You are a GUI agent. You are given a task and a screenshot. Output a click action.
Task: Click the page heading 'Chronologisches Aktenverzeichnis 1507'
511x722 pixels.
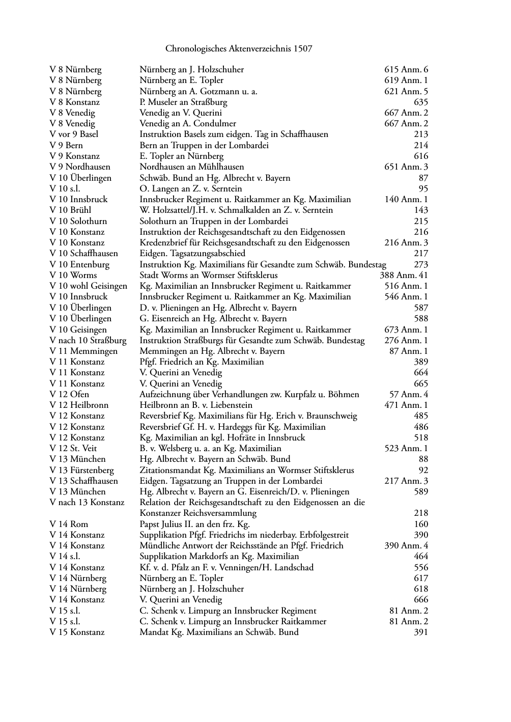tap(239, 49)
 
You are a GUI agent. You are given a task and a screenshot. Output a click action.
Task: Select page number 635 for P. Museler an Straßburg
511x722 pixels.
tap(420, 102)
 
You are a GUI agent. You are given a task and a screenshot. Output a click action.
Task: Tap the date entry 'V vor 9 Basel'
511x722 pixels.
tap(74, 134)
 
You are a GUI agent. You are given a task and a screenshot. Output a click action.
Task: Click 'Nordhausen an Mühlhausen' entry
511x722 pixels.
tap(191, 167)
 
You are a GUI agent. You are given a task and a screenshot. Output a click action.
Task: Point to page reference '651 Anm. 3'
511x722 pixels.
tap(406, 167)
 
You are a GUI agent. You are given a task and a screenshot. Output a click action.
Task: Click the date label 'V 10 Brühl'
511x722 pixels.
tap(70, 210)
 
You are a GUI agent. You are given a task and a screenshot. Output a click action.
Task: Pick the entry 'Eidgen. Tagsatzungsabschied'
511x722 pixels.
tap(192, 254)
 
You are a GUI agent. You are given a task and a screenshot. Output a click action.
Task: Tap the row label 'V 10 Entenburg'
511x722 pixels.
tap(79, 264)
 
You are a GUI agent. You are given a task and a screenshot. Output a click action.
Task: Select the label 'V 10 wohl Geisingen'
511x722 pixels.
tap(88, 286)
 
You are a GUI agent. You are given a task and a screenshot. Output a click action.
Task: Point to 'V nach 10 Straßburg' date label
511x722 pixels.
tap(88, 340)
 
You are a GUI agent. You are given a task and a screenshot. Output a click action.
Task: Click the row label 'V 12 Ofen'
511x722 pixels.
tap(69, 395)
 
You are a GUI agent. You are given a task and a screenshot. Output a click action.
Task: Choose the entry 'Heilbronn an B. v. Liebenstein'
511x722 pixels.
tap(195, 405)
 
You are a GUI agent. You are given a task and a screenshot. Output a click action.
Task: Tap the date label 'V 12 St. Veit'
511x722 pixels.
tap(73, 449)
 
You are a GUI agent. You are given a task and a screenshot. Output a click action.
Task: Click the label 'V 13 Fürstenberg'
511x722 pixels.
tap(81, 470)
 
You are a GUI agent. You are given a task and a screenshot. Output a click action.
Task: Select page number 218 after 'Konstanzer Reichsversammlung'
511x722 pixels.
tap(420, 513)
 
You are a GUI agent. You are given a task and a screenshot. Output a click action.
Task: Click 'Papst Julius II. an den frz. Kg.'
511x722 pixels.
tap(194, 524)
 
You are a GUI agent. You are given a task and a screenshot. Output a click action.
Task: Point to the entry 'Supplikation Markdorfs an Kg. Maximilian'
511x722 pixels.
tap(219, 557)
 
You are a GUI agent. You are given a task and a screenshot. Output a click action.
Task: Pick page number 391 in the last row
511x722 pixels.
tap(420, 632)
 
